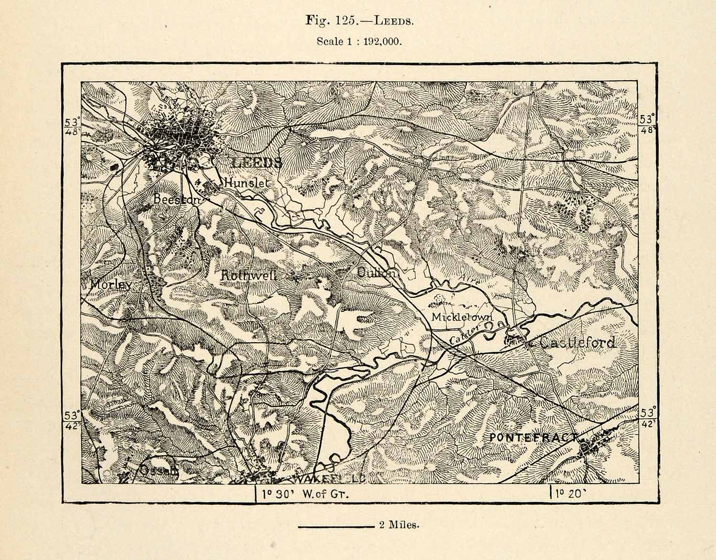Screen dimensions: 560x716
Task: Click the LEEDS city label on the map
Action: click(256, 163)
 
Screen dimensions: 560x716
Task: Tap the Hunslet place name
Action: click(247, 182)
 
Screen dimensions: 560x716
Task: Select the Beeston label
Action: click(177, 200)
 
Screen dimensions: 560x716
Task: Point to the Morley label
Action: click(110, 285)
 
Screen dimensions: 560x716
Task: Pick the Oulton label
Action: click(376, 273)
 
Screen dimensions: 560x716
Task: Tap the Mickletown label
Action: click(461, 317)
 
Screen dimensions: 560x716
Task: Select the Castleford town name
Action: click(578, 342)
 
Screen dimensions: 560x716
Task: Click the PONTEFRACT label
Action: click(533, 437)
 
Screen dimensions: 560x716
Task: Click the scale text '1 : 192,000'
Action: click(375, 42)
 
